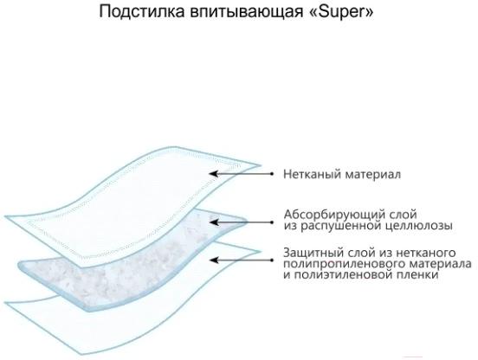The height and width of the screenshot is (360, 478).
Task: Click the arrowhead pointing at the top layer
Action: pos(214,174)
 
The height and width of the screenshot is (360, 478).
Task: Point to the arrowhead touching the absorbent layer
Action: pos(214,222)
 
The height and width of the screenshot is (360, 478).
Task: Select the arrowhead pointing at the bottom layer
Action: pos(214,260)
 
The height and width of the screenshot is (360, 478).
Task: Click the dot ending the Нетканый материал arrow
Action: pos(272,174)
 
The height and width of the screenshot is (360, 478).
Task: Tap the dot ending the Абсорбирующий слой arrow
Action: pos(272,222)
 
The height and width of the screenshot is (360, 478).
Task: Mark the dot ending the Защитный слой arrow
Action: pos(272,260)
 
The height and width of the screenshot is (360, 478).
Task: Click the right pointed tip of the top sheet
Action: pos(262,166)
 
